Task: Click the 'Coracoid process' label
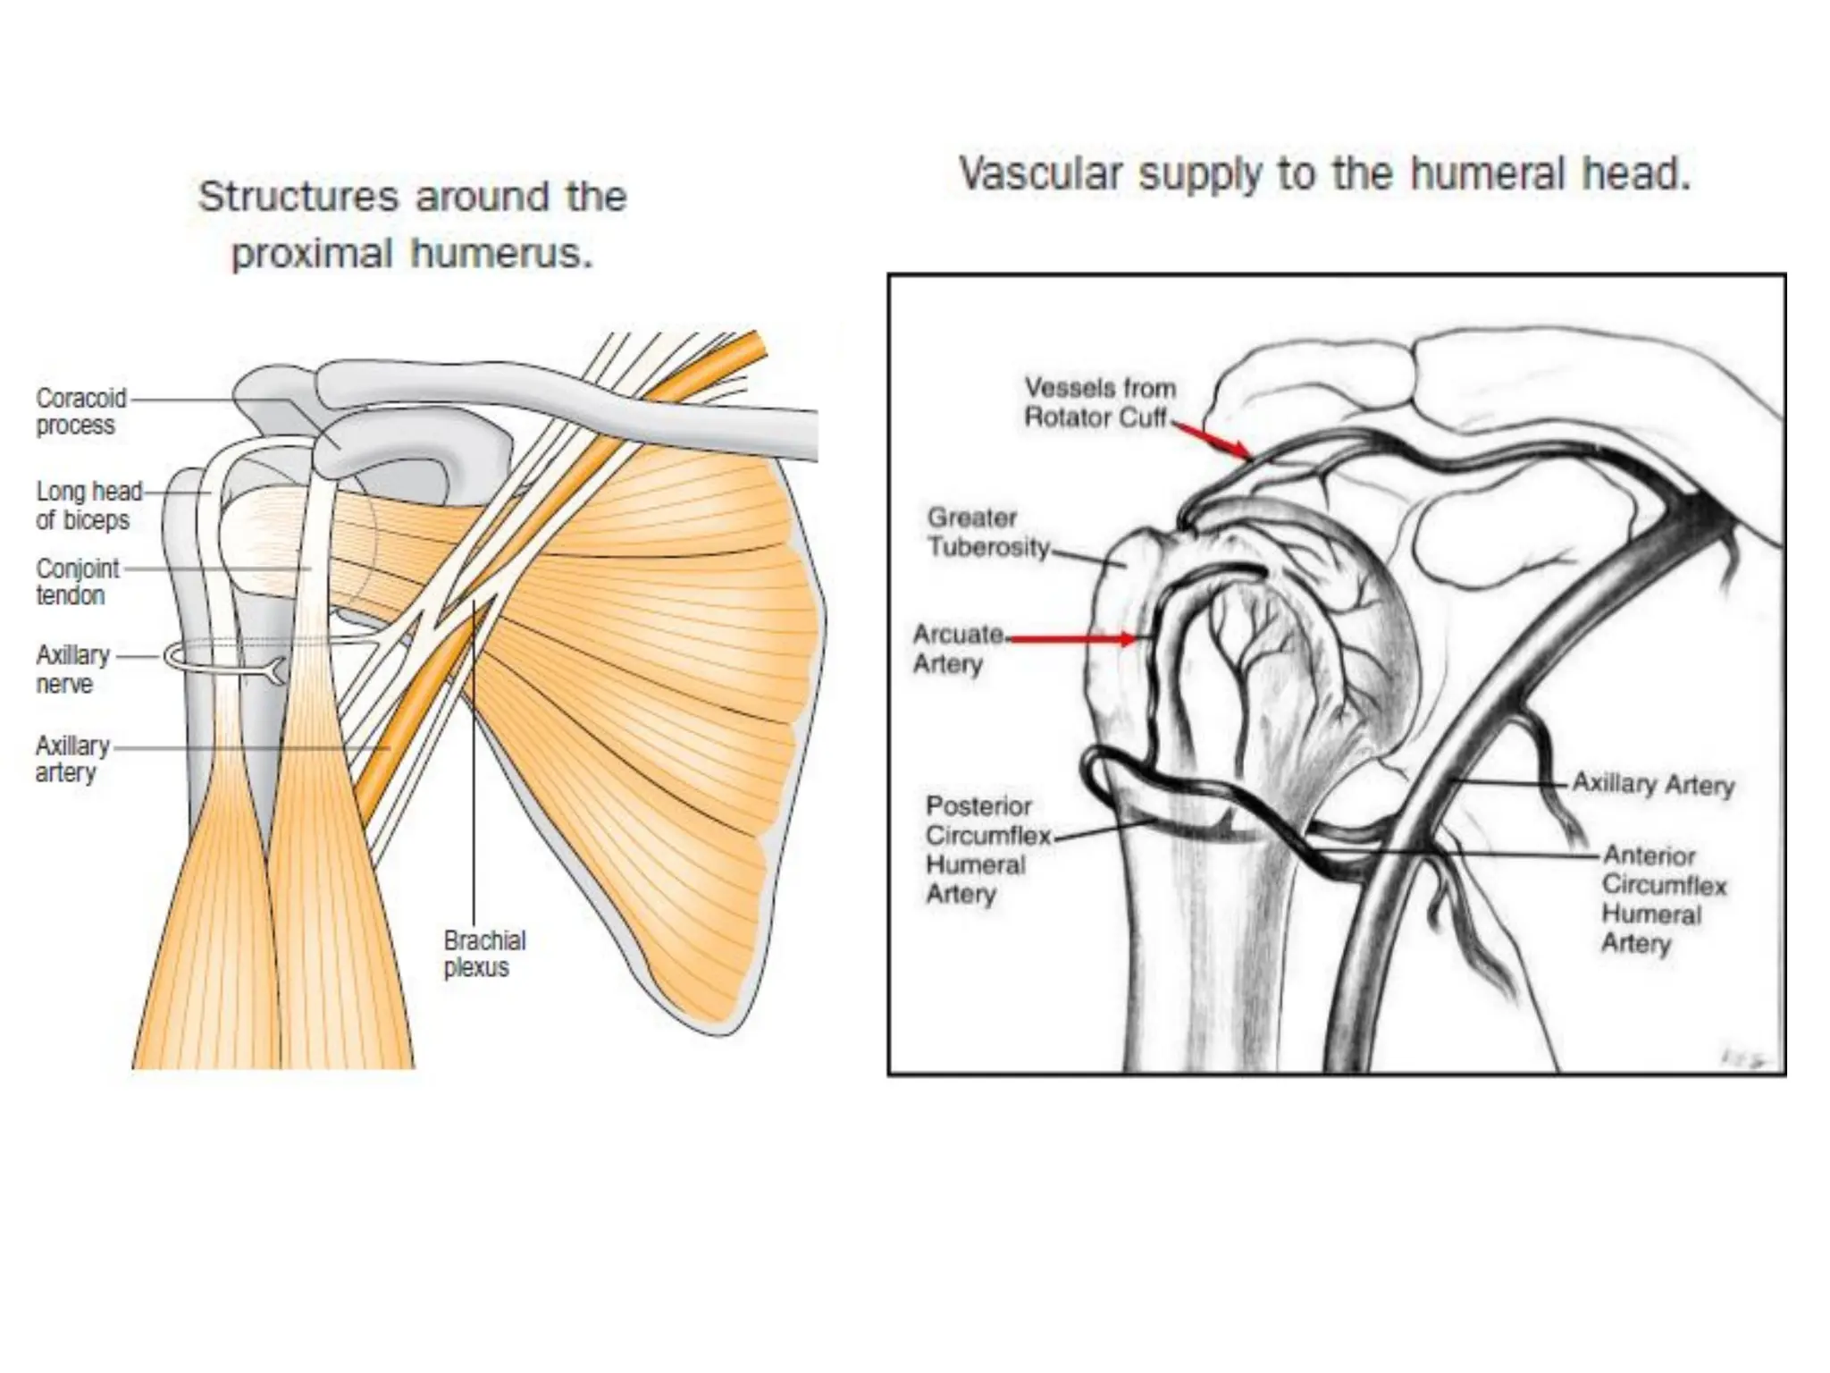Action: click(80, 411)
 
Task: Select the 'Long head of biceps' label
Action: click(88, 505)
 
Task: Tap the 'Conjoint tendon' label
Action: click(77, 581)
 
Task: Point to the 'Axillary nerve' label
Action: click(71, 669)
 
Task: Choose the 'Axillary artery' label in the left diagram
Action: click(71, 758)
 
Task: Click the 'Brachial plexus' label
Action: click(484, 954)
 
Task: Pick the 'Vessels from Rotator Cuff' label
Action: click(1098, 402)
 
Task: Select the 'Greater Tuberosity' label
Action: click(986, 532)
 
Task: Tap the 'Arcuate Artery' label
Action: click(956, 648)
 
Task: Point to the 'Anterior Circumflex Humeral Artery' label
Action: click(1663, 898)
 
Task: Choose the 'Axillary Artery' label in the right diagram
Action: click(1652, 784)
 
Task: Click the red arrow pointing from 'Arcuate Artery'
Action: click(1072, 638)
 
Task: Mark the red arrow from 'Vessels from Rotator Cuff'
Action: click(1213, 441)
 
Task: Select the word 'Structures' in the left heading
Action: click(298, 197)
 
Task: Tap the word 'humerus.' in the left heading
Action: click(501, 254)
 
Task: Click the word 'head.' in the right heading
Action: click(1637, 173)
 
